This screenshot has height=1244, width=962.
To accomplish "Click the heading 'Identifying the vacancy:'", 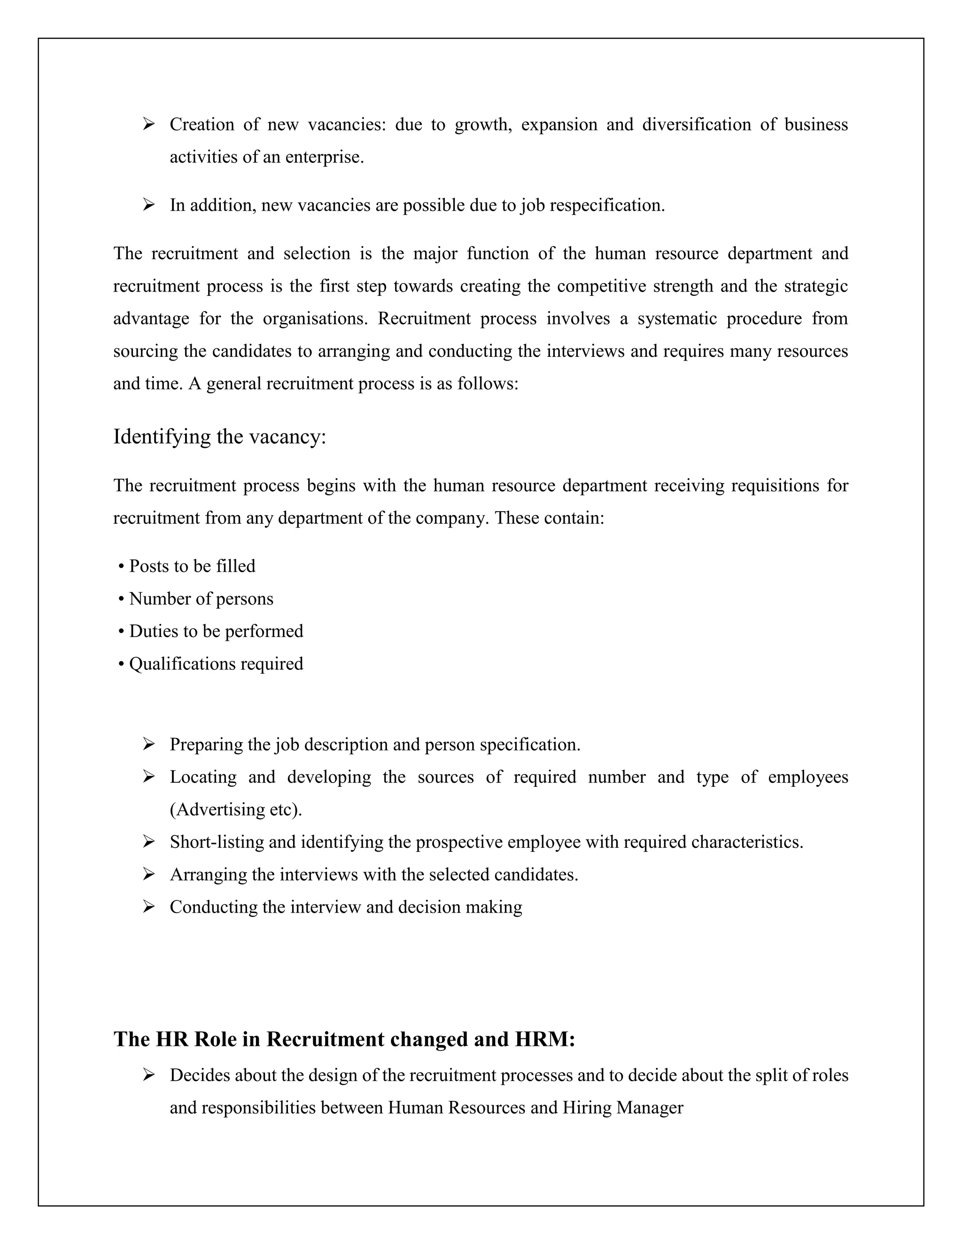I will click(219, 437).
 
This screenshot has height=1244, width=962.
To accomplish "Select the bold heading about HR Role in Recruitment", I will click(344, 1039).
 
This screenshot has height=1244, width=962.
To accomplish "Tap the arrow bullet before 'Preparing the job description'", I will click(149, 744).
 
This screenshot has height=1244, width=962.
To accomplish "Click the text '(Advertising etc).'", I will click(236, 809).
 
